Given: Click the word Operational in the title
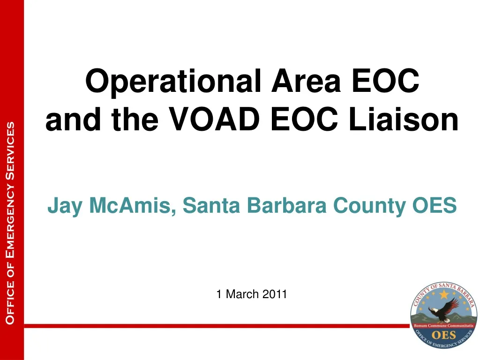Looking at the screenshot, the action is click(x=173, y=81).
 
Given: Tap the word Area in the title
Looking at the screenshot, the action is click(x=306, y=81).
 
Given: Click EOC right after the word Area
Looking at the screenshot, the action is click(x=386, y=81).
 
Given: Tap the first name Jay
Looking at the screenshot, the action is click(x=65, y=206).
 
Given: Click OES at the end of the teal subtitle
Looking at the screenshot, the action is click(x=435, y=205).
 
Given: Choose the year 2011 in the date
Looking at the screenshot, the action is click(x=275, y=294).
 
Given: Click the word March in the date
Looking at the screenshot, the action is click(x=242, y=294).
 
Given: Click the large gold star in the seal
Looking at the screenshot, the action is click(x=444, y=294).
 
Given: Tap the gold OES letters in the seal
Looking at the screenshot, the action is click(x=443, y=335).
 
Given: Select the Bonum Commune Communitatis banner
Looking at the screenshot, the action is click(x=443, y=326).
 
